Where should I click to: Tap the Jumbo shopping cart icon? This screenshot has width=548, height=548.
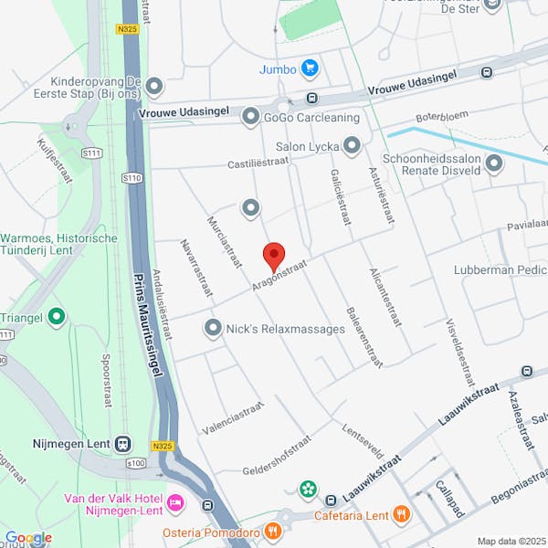click(x=311, y=68)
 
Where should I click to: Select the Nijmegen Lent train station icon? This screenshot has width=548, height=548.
click(x=121, y=444)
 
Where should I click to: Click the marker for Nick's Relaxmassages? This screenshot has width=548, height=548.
click(x=214, y=326)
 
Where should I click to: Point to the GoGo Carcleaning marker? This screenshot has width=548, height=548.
click(x=250, y=117)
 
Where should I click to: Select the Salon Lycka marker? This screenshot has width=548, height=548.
click(x=352, y=146)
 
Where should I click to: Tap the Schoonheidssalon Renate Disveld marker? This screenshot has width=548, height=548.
click(x=494, y=164)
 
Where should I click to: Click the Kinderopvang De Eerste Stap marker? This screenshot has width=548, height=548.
click(x=153, y=87)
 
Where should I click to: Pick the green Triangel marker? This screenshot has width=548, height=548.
click(x=57, y=317)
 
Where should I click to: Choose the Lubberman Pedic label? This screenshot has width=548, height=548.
click(x=501, y=270)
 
